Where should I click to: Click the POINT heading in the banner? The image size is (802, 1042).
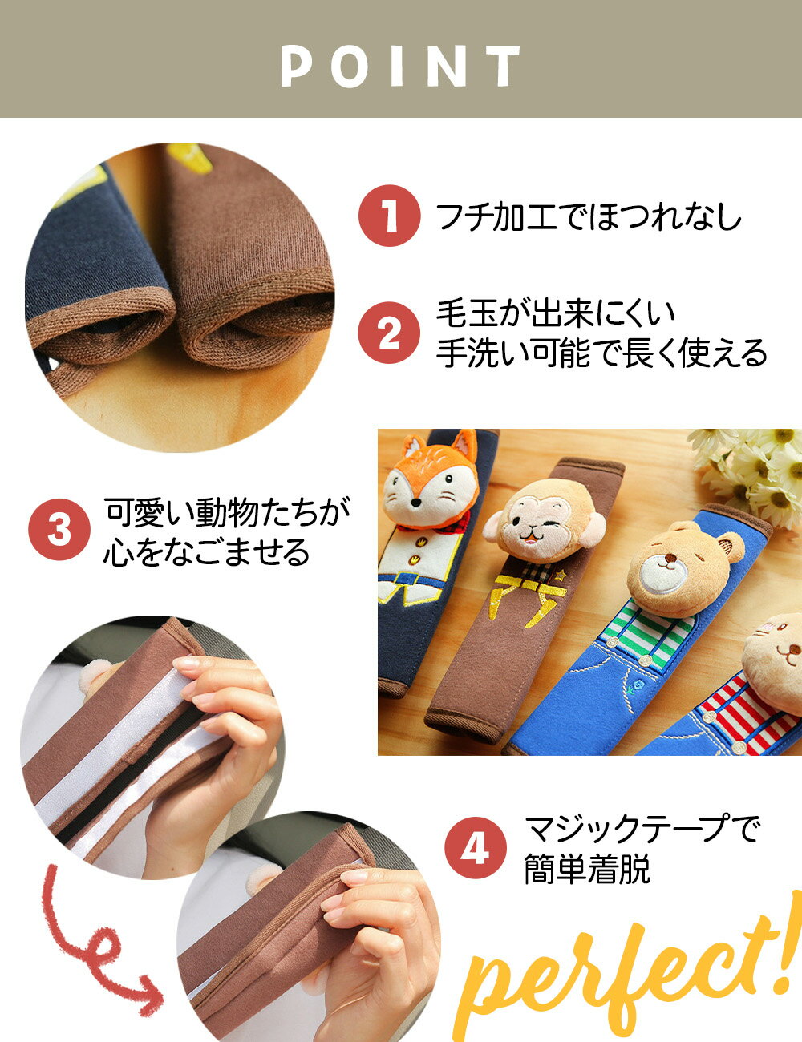pos(401,66)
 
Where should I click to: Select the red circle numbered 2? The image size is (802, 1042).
pos(389,333)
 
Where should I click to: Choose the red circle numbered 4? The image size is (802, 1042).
pos(475,848)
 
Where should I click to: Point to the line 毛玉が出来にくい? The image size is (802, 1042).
pos(556,313)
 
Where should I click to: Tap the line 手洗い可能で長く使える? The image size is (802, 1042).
pos(601,353)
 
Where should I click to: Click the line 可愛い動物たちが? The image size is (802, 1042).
pos(227,511)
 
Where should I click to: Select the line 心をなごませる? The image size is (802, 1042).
pos(206,552)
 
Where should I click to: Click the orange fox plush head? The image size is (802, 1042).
pos(430,481)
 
